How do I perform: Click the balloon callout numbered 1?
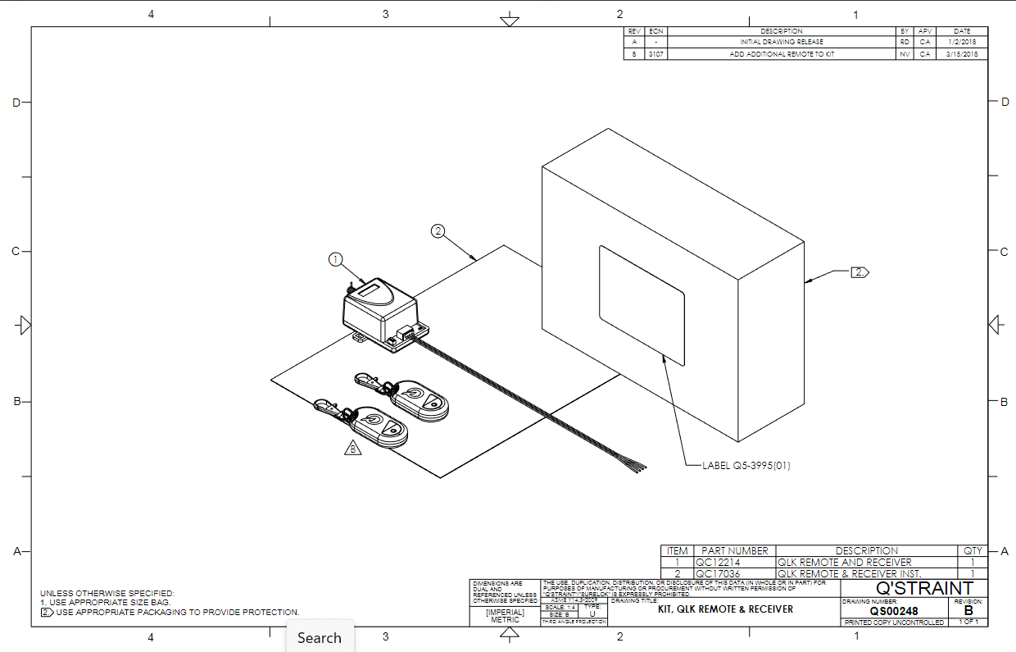click(335, 259)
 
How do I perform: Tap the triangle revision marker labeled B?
click(352, 449)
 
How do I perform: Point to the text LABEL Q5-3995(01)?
click(746, 465)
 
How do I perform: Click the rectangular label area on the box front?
click(642, 304)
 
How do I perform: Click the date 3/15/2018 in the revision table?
click(962, 54)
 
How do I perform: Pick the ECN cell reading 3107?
click(656, 54)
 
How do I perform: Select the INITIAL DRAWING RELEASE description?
click(782, 42)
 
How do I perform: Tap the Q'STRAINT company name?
click(924, 588)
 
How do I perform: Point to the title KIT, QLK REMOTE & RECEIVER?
click(725, 609)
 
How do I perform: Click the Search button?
click(319, 637)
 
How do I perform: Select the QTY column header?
click(972, 550)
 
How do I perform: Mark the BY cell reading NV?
click(905, 54)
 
